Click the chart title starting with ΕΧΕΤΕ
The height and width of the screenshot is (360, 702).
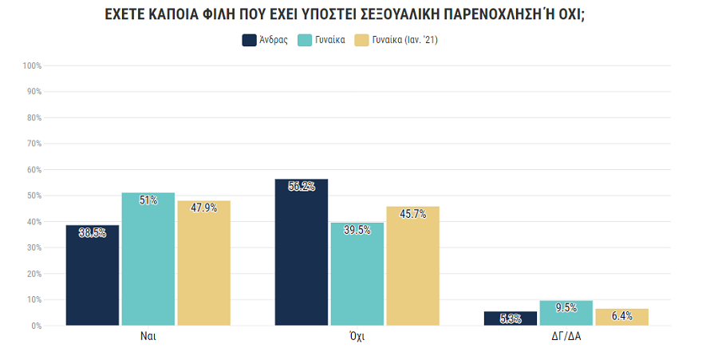click(x=350, y=15)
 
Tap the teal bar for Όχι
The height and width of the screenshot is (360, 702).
click(x=357, y=275)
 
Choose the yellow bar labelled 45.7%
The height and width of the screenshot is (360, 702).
click(x=412, y=267)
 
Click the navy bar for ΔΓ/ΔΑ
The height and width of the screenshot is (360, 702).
click(x=510, y=318)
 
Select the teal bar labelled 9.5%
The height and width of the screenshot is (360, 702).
click(x=566, y=314)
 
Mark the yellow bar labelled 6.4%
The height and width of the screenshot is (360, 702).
click(x=621, y=317)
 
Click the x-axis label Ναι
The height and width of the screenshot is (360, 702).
click(x=148, y=337)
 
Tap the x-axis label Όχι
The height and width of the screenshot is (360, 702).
click(x=357, y=337)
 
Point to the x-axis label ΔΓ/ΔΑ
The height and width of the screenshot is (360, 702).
click(x=566, y=337)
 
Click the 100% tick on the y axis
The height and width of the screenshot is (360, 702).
click(x=32, y=65)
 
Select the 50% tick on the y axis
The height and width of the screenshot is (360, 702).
click(x=34, y=196)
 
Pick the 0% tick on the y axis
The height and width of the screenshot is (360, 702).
click(x=36, y=326)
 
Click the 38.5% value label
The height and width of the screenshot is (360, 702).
click(x=92, y=233)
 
